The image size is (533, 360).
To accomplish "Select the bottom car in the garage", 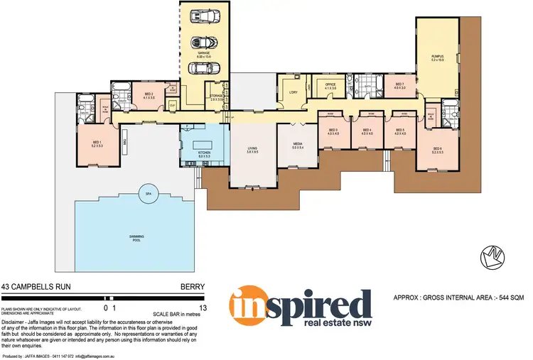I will coord(204,69).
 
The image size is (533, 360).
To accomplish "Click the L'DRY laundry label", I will coord(292,92).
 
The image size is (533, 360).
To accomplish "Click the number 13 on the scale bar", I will coord(203,308).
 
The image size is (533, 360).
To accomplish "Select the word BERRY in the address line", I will coord(193,288).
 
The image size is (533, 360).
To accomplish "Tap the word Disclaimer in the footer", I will coord(17,322).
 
